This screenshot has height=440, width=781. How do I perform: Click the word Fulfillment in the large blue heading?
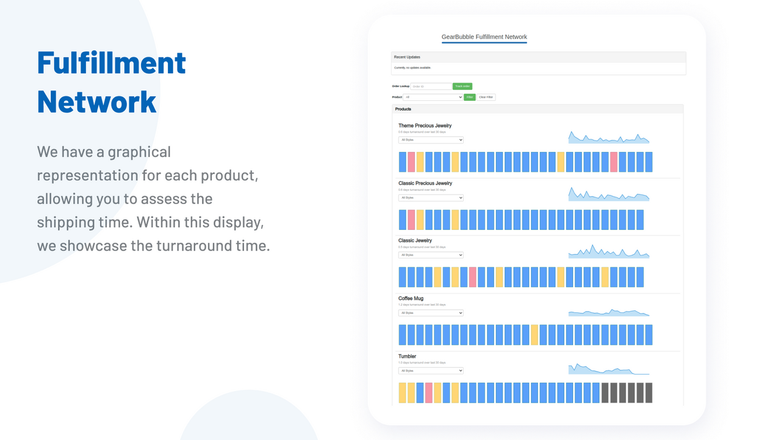111,63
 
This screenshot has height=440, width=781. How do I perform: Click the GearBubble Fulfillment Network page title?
484,37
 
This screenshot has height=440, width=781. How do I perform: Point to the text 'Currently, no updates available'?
412,68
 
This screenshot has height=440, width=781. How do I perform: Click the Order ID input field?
431,87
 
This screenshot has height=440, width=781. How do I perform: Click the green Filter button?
469,97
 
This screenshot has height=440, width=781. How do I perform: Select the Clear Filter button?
486,97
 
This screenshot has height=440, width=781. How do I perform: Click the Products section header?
403,109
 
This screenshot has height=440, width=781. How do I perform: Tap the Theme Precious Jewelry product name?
425,126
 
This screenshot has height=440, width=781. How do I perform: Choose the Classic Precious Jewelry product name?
425,183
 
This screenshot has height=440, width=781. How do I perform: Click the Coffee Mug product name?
411,299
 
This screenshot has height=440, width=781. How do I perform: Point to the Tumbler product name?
407,356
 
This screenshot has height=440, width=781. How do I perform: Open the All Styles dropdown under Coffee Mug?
431,313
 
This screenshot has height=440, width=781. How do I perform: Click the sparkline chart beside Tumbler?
608,369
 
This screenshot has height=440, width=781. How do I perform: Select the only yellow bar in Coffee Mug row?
534,335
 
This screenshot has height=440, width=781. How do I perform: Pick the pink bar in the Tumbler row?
429,392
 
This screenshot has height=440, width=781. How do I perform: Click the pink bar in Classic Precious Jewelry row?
411,219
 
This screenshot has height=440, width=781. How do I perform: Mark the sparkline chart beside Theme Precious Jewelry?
608,137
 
